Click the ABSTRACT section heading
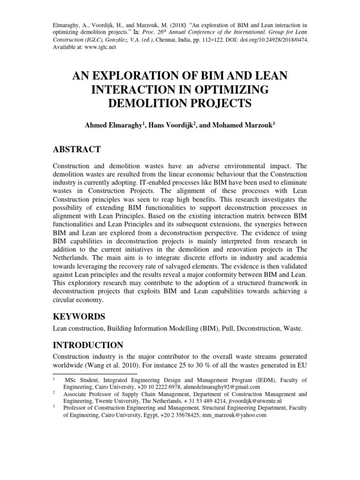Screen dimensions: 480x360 pyautogui.click(x=76, y=150)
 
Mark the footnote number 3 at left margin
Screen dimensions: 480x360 pyautogui.click(x=55, y=408)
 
